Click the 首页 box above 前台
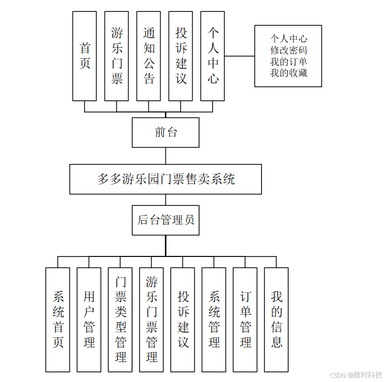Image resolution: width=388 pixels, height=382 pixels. click(x=85, y=56)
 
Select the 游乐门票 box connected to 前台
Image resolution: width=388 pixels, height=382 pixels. click(x=117, y=56)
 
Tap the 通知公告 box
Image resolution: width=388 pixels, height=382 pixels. click(x=149, y=56)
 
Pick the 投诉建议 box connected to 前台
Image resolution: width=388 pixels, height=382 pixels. click(x=181, y=56)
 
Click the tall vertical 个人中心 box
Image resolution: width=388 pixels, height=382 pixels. click(x=213, y=56)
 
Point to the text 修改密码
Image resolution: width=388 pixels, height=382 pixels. click(x=288, y=50)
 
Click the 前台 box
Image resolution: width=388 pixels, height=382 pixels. click(x=165, y=132)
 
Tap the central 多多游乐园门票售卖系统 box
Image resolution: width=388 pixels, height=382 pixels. click(x=165, y=179)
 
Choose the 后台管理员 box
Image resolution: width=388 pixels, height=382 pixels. click(x=165, y=220)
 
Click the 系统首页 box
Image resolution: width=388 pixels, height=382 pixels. click(x=58, y=319)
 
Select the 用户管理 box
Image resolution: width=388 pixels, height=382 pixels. click(x=89, y=319)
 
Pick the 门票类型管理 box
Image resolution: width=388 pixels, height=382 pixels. click(x=120, y=319)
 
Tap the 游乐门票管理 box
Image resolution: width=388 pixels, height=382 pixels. click(x=151, y=319)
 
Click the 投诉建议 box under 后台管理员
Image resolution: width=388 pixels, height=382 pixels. click(x=183, y=319)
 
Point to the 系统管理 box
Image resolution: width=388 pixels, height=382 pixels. click(x=214, y=319)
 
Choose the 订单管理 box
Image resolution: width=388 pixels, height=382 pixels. click(x=245, y=319)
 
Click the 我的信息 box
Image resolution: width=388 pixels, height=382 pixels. click(x=276, y=319)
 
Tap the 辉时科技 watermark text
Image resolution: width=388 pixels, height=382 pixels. click(x=368, y=375)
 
